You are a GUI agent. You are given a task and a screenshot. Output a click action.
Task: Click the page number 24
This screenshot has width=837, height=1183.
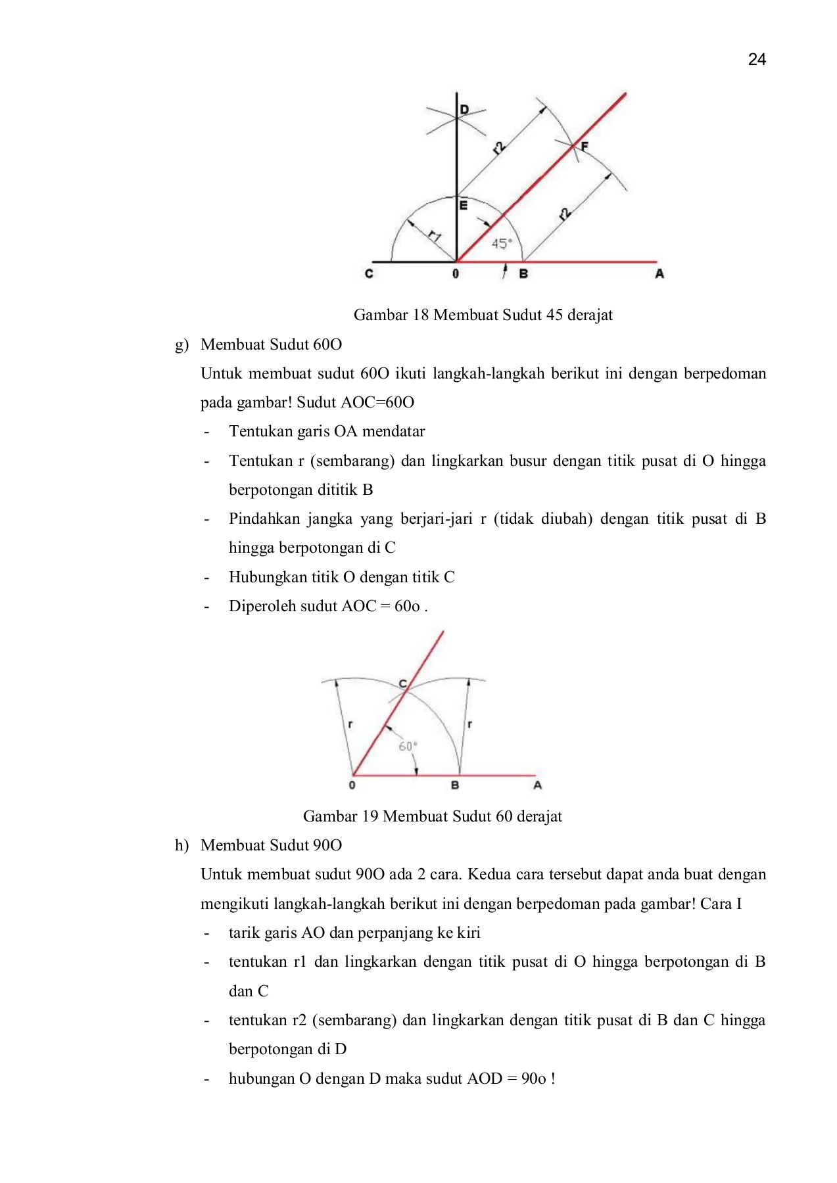pyautogui.click(x=757, y=60)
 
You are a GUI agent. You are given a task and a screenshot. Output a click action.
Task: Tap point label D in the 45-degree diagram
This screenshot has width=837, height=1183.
pyautogui.click(x=464, y=110)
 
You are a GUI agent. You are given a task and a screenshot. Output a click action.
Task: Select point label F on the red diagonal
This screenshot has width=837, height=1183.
pyautogui.click(x=584, y=147)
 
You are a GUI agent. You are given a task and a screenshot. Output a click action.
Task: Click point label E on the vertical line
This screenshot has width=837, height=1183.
pyautogui.click(x=463, y=206)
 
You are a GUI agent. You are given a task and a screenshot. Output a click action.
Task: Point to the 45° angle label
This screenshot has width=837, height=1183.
pyautogui.click(x=501, y=244)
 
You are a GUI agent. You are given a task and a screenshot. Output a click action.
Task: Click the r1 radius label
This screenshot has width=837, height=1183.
pyautogui.click(x=434, y=235)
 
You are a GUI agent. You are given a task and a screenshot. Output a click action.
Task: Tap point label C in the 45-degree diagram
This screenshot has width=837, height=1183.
pyautogui.click(x=369, y=273)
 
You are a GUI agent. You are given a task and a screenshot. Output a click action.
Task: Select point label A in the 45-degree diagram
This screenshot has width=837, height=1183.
pyautogui.click(x=659, y=273)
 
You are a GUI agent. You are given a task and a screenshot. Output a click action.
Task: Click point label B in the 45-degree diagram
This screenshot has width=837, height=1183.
pyautogui.click(x=523, y=273)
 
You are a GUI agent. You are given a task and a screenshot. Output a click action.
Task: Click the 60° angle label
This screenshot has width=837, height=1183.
pyautogui.click(x=408, y=747)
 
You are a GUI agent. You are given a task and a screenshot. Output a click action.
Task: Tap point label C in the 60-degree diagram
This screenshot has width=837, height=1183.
pyautogui.click(x=402, y=684)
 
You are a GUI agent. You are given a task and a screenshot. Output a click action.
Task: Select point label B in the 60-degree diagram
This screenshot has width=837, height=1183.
pyautogui.click(x=454, y=785)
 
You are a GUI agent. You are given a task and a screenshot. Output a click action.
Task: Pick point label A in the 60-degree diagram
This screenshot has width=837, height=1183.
pyautogui.click(x=537, y=785)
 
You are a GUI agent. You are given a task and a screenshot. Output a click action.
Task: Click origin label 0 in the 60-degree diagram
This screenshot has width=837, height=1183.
pyautogui.click(x=352, y=785)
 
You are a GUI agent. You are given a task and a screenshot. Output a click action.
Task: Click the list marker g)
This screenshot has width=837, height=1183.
pyautogui.click(x=181, y=345)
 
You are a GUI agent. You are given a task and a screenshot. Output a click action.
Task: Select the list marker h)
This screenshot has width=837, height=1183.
pyautogui.click(x=181, y=846)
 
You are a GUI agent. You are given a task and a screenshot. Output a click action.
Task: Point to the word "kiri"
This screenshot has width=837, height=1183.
pyautogui.click(x=469, y=933)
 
